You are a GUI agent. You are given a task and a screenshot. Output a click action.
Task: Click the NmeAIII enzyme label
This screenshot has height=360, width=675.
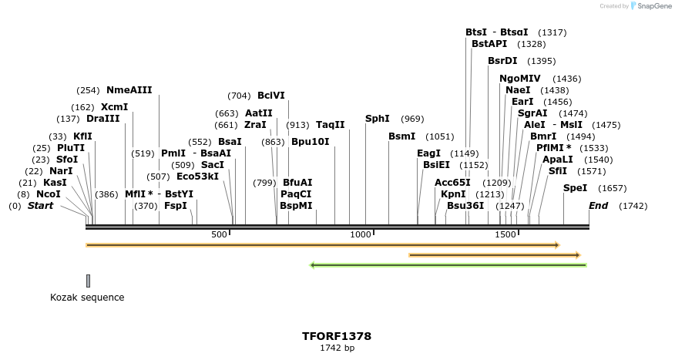(129, 89)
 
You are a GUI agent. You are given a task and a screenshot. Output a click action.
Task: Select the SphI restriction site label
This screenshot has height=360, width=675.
(377, 119)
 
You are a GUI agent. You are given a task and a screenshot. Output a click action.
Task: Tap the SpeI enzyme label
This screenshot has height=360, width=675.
(575, 188)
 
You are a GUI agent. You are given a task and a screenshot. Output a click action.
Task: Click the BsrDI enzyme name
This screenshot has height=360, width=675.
(502, 61)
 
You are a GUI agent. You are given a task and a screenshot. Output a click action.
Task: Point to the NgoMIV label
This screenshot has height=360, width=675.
(519, 79)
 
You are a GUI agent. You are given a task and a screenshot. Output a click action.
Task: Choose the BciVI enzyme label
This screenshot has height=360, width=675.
(270, 96)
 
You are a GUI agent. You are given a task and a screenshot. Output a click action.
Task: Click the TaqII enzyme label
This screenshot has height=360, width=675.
(330, 125)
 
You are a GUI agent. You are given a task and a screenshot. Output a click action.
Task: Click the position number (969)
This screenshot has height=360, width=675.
(412, 119)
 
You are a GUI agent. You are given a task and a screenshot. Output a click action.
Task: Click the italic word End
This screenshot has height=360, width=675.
(598, 206)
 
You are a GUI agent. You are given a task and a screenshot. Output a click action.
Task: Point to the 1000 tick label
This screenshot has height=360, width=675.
(361, 234)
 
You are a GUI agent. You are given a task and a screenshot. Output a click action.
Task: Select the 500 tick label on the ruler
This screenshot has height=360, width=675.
(220, 234)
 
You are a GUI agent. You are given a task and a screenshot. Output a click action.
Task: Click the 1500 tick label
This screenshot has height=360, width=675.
(505, 234)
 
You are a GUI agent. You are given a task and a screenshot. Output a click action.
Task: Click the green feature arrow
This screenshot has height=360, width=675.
(448, 265)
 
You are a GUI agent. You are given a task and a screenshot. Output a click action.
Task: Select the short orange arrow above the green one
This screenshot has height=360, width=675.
(494, 254)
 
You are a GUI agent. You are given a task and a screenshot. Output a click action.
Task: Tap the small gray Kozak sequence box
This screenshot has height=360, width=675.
(88, 281)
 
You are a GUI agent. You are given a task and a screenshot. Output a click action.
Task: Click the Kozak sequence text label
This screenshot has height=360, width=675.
(87, 298)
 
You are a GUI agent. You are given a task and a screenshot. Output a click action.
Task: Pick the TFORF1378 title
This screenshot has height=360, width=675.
(337, 336)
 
